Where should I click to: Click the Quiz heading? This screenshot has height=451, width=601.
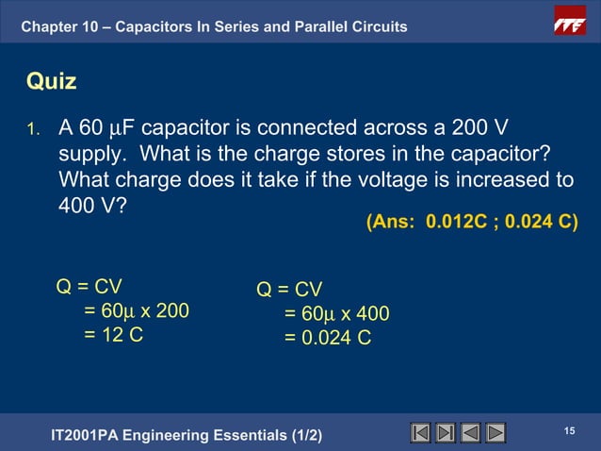51,82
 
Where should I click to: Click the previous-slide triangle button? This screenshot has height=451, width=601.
470,433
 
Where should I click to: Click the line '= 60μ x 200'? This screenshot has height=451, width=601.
136,310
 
